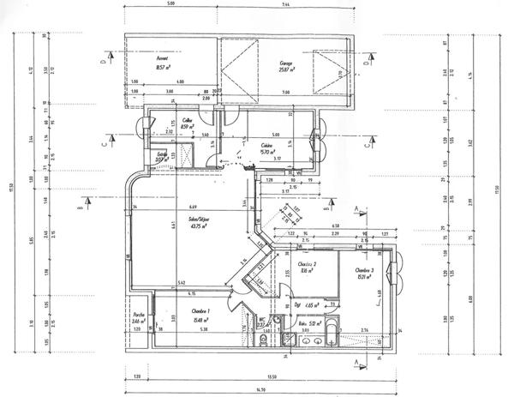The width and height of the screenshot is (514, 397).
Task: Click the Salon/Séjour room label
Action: [x=200, y=218]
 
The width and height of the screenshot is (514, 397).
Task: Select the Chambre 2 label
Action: [x=308, y=264]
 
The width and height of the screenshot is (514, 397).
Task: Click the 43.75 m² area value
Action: [x=200, y=226]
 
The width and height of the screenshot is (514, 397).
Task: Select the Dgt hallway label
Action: [x=300, y=304]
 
